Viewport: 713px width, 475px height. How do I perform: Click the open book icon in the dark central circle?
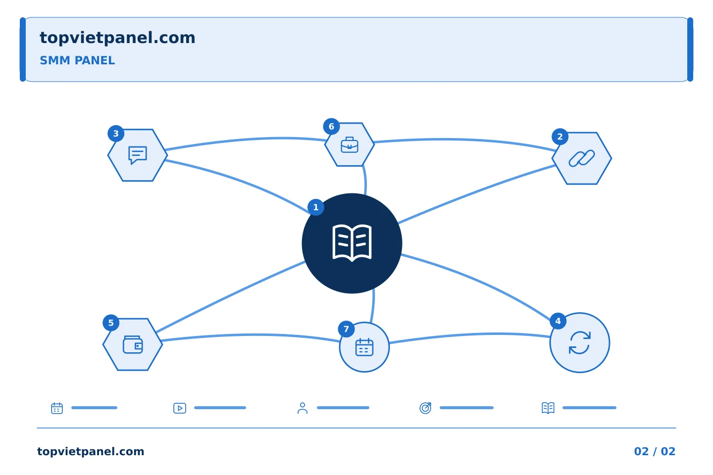pos(352,243)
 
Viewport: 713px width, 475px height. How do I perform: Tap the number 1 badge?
pos(316,207)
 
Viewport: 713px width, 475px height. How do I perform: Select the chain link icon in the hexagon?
pos(581,158)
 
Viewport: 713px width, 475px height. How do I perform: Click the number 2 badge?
pos(560,137)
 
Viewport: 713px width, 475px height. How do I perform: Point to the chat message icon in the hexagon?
pos(138,155)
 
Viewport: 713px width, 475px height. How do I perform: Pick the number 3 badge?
pos(116,134)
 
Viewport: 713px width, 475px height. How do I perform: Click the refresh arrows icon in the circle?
pos(580,343)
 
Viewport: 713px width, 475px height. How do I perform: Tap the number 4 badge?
pos(558,321)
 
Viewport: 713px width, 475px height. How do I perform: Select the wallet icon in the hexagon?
pos(133,344)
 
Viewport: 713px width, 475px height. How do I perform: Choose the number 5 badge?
pos(111,323)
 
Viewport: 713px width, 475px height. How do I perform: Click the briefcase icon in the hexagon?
pos(350,145)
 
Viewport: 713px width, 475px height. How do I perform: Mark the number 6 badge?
pos(331,127)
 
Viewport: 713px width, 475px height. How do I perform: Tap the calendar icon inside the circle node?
pos(364,347)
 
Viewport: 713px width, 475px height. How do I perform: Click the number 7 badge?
pos(346,329)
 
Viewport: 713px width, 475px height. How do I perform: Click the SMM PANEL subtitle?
pos(77,60)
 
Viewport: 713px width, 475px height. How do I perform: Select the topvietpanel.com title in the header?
pos(117,38)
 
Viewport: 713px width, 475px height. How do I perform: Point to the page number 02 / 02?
pos(655,451)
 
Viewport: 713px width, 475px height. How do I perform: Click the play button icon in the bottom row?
pos(180,408)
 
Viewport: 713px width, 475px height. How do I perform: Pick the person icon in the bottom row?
pos(303,408)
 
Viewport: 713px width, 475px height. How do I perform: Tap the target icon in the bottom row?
pos(425,408)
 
